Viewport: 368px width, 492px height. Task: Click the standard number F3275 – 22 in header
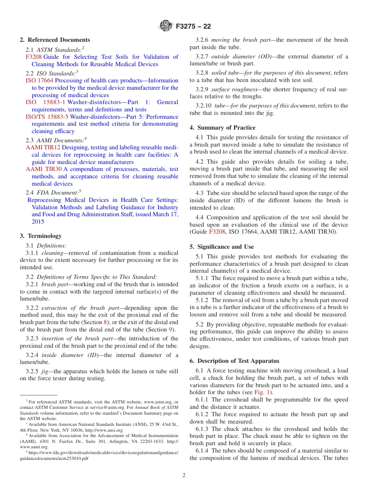(x=193, y=27)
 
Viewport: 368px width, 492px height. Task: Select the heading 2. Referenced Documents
(x=55, y=40)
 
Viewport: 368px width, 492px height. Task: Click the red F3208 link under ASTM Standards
(x=33, y=57)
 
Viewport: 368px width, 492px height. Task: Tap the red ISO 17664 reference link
(x=40, y=80)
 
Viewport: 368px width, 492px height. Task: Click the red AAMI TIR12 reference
(x=43, y=147)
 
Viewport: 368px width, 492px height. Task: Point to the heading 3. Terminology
(x=41, y=236)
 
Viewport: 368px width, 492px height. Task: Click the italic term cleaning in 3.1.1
(x=52, y=253)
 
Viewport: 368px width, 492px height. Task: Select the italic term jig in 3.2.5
(x=45, y=371)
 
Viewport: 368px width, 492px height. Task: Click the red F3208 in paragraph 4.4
(x=217, y=232)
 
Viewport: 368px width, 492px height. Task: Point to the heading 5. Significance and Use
(x=222, y=247)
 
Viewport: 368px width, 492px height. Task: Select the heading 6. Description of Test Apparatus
(x=234, y=361)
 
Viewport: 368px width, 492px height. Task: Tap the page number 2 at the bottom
(x=184, y=475)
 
